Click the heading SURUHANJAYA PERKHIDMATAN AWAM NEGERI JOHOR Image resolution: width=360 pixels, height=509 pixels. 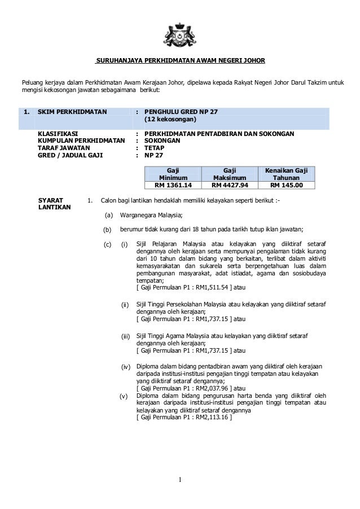(x=180, y=60)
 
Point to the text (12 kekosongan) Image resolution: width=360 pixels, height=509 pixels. (x=170, y=120)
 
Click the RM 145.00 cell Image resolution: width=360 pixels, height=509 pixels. (x=286, y=184)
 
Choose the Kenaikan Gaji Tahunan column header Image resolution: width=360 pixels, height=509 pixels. (x=286, y=173)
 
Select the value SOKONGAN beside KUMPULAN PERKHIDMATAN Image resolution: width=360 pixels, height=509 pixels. (x=163, y=142)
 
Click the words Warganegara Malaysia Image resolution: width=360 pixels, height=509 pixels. (x=152, y=214)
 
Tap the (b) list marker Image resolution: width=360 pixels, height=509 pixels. (x=108, y=229)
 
